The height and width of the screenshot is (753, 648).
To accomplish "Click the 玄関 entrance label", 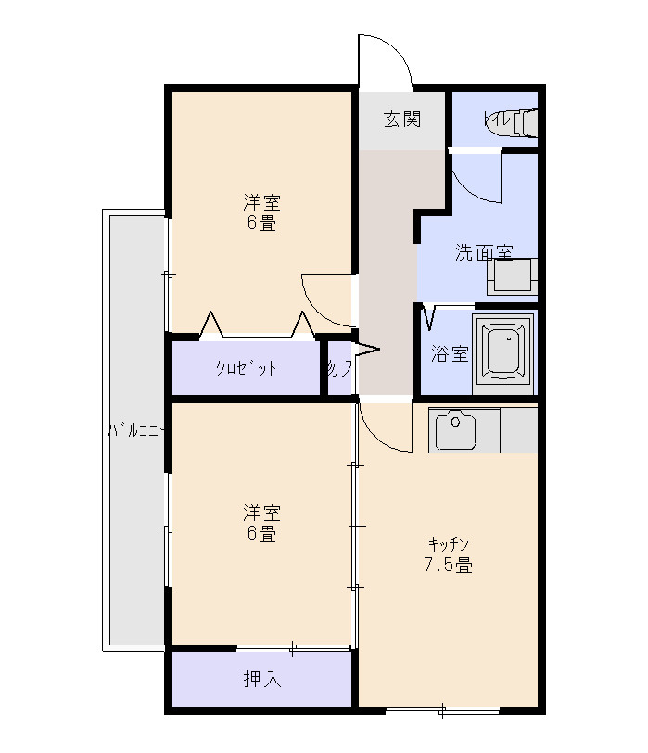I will pyautogui.click(x=403, y=120).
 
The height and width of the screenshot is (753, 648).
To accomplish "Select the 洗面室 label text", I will pyautogui.click(x=483, y=252).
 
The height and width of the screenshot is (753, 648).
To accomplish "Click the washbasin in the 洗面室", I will pyautogui.click(x=512, y=276).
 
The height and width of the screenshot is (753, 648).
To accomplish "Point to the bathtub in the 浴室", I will pyautogui.click(x=503, y=351).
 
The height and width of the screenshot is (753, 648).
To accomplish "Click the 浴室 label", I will pyautogui.click(x=451, y=354).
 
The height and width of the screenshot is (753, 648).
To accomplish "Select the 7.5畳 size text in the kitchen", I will pyautogui.click(x=449, y=565).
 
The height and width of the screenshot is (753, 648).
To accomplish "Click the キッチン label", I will pyautogui.click(x=449, y=543).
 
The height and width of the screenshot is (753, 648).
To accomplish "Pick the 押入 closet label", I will pyautogui.click(x=261, y=679).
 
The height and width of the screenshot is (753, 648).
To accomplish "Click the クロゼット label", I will pyautogui.click(x=247, y=367).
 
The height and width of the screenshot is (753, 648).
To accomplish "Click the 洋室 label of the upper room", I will pyautogui.click(x=261, y=202).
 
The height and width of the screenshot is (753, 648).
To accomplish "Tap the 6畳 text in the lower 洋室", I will pyautogui.click(x=261, y=534).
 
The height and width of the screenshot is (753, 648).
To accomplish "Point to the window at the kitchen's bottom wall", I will pyautogui.click(x=443, y=711).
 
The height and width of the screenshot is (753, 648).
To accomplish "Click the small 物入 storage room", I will pyautogui.click(x=338, y=368).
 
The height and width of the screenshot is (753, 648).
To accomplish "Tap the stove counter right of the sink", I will pyautogui.click(x=518, y=430).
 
